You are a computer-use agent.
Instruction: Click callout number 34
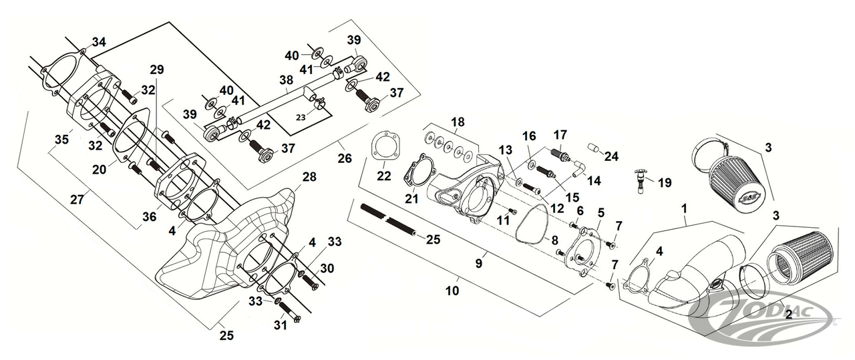click(x=99, y=42)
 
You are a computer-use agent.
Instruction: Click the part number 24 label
click(x=612, y=156)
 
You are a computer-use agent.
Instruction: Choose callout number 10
click(x=452, y=291)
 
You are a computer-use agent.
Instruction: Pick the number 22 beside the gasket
click(x=383, y=175)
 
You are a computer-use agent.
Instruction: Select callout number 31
click(x=281, y=325)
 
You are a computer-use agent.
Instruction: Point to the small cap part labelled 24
click(x=592, y=147)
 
